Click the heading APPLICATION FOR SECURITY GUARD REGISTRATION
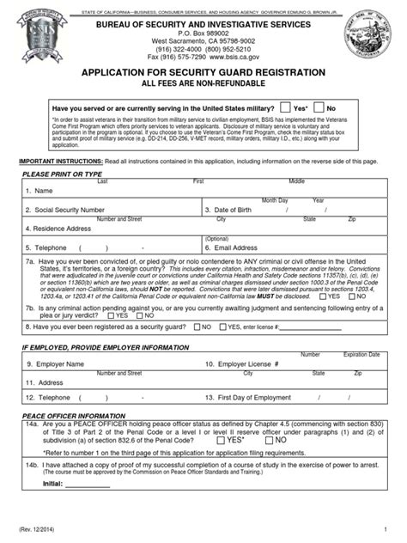pos(203,74)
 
